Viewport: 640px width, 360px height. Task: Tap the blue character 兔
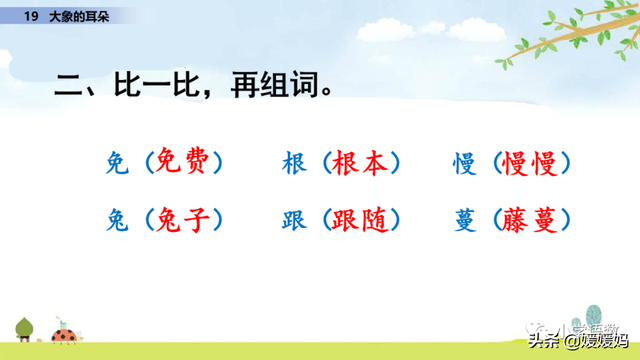pyautogui.click(x=115, y=218)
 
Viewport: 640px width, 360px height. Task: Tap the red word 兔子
pyautogui.click(x=185, y=218)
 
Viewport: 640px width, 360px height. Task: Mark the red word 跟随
pyautogui.click(x=364, y=218)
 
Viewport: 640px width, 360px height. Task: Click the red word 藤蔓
pyautogui.click(x=536, y=218)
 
